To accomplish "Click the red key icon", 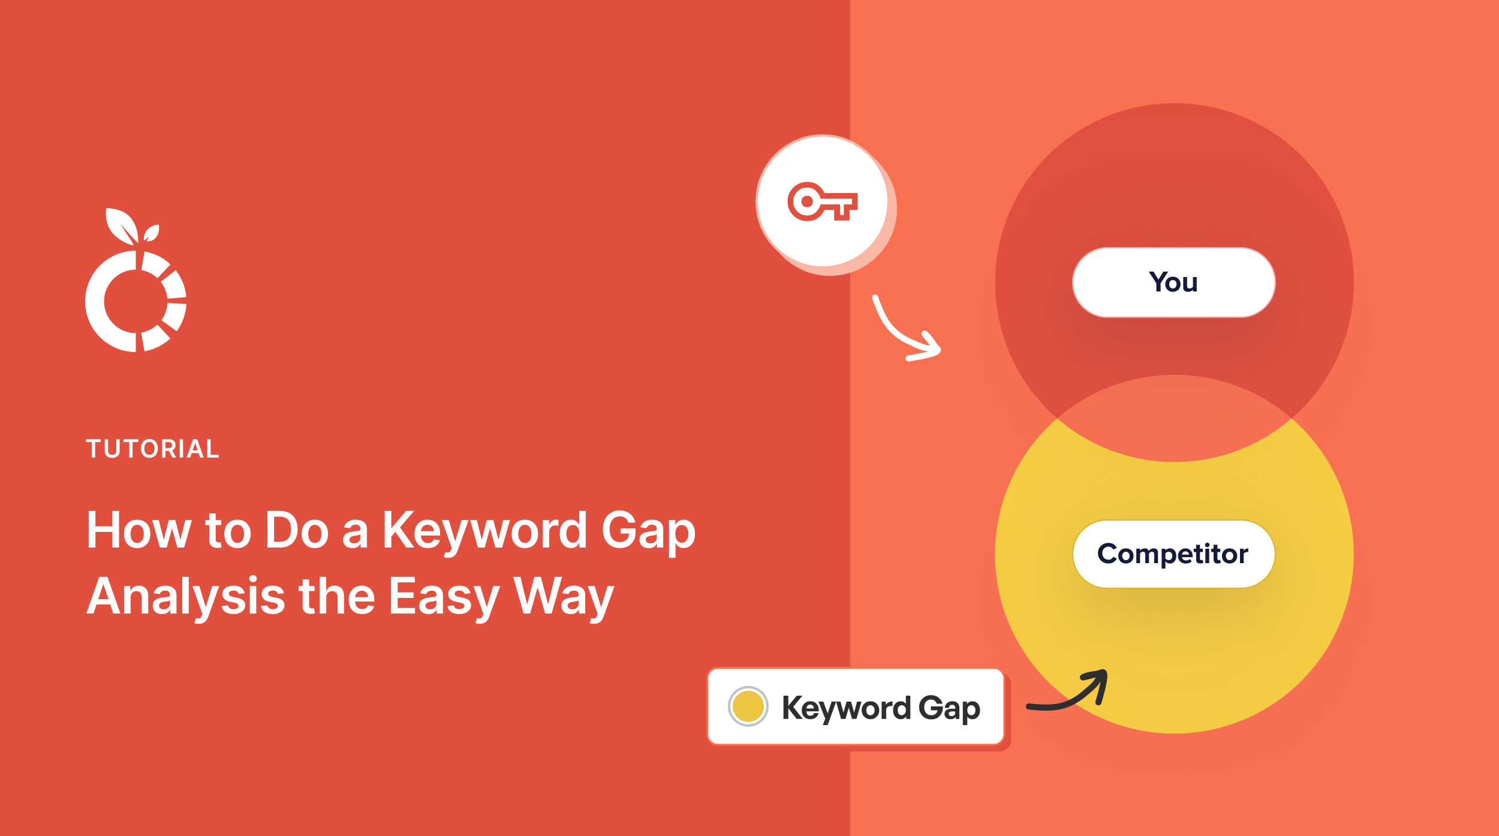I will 822,202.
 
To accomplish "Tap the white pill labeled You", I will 1173,282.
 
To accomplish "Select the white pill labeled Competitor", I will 1173,554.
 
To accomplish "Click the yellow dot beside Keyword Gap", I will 748,706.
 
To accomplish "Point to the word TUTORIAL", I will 153,449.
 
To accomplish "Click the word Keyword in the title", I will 484,531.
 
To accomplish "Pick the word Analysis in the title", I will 186,597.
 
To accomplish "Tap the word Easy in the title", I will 444,597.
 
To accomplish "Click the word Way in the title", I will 564,597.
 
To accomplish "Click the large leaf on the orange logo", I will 122,225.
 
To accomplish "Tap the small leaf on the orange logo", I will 152,233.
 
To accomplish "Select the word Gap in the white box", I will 949,708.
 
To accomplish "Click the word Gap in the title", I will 648,531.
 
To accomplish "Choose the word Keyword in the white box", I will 845,708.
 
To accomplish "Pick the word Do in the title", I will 297,531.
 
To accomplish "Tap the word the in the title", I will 337,597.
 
